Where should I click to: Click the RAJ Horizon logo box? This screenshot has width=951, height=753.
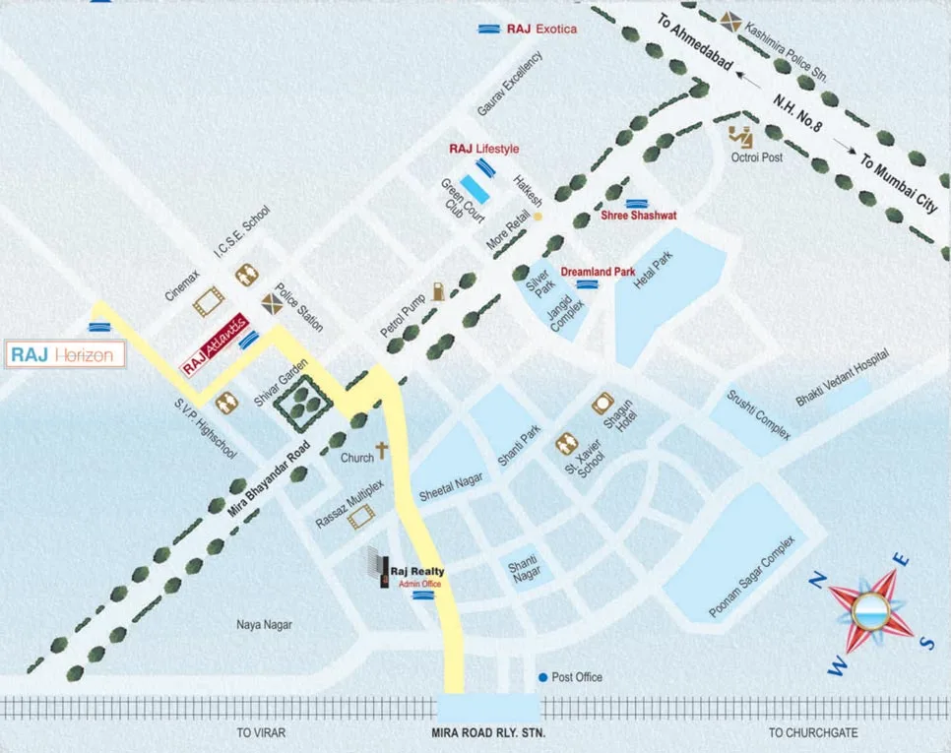tap(66, 355)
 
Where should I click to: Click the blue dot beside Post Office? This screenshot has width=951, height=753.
tap(541, 677)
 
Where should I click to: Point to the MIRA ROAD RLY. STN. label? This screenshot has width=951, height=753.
tap(487, 733)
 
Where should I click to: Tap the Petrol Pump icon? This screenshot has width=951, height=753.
tap(437, 290)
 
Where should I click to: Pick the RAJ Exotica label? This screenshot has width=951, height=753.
tap(541, 30)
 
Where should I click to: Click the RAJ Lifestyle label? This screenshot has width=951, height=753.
tap(483, 149)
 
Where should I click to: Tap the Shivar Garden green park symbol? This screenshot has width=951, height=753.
tap(296, 402)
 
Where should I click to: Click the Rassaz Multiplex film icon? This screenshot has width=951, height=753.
tap(360, 514)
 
